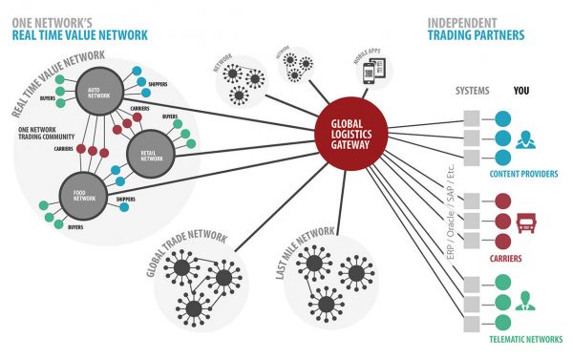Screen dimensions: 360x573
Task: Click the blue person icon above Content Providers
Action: (523, 141)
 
